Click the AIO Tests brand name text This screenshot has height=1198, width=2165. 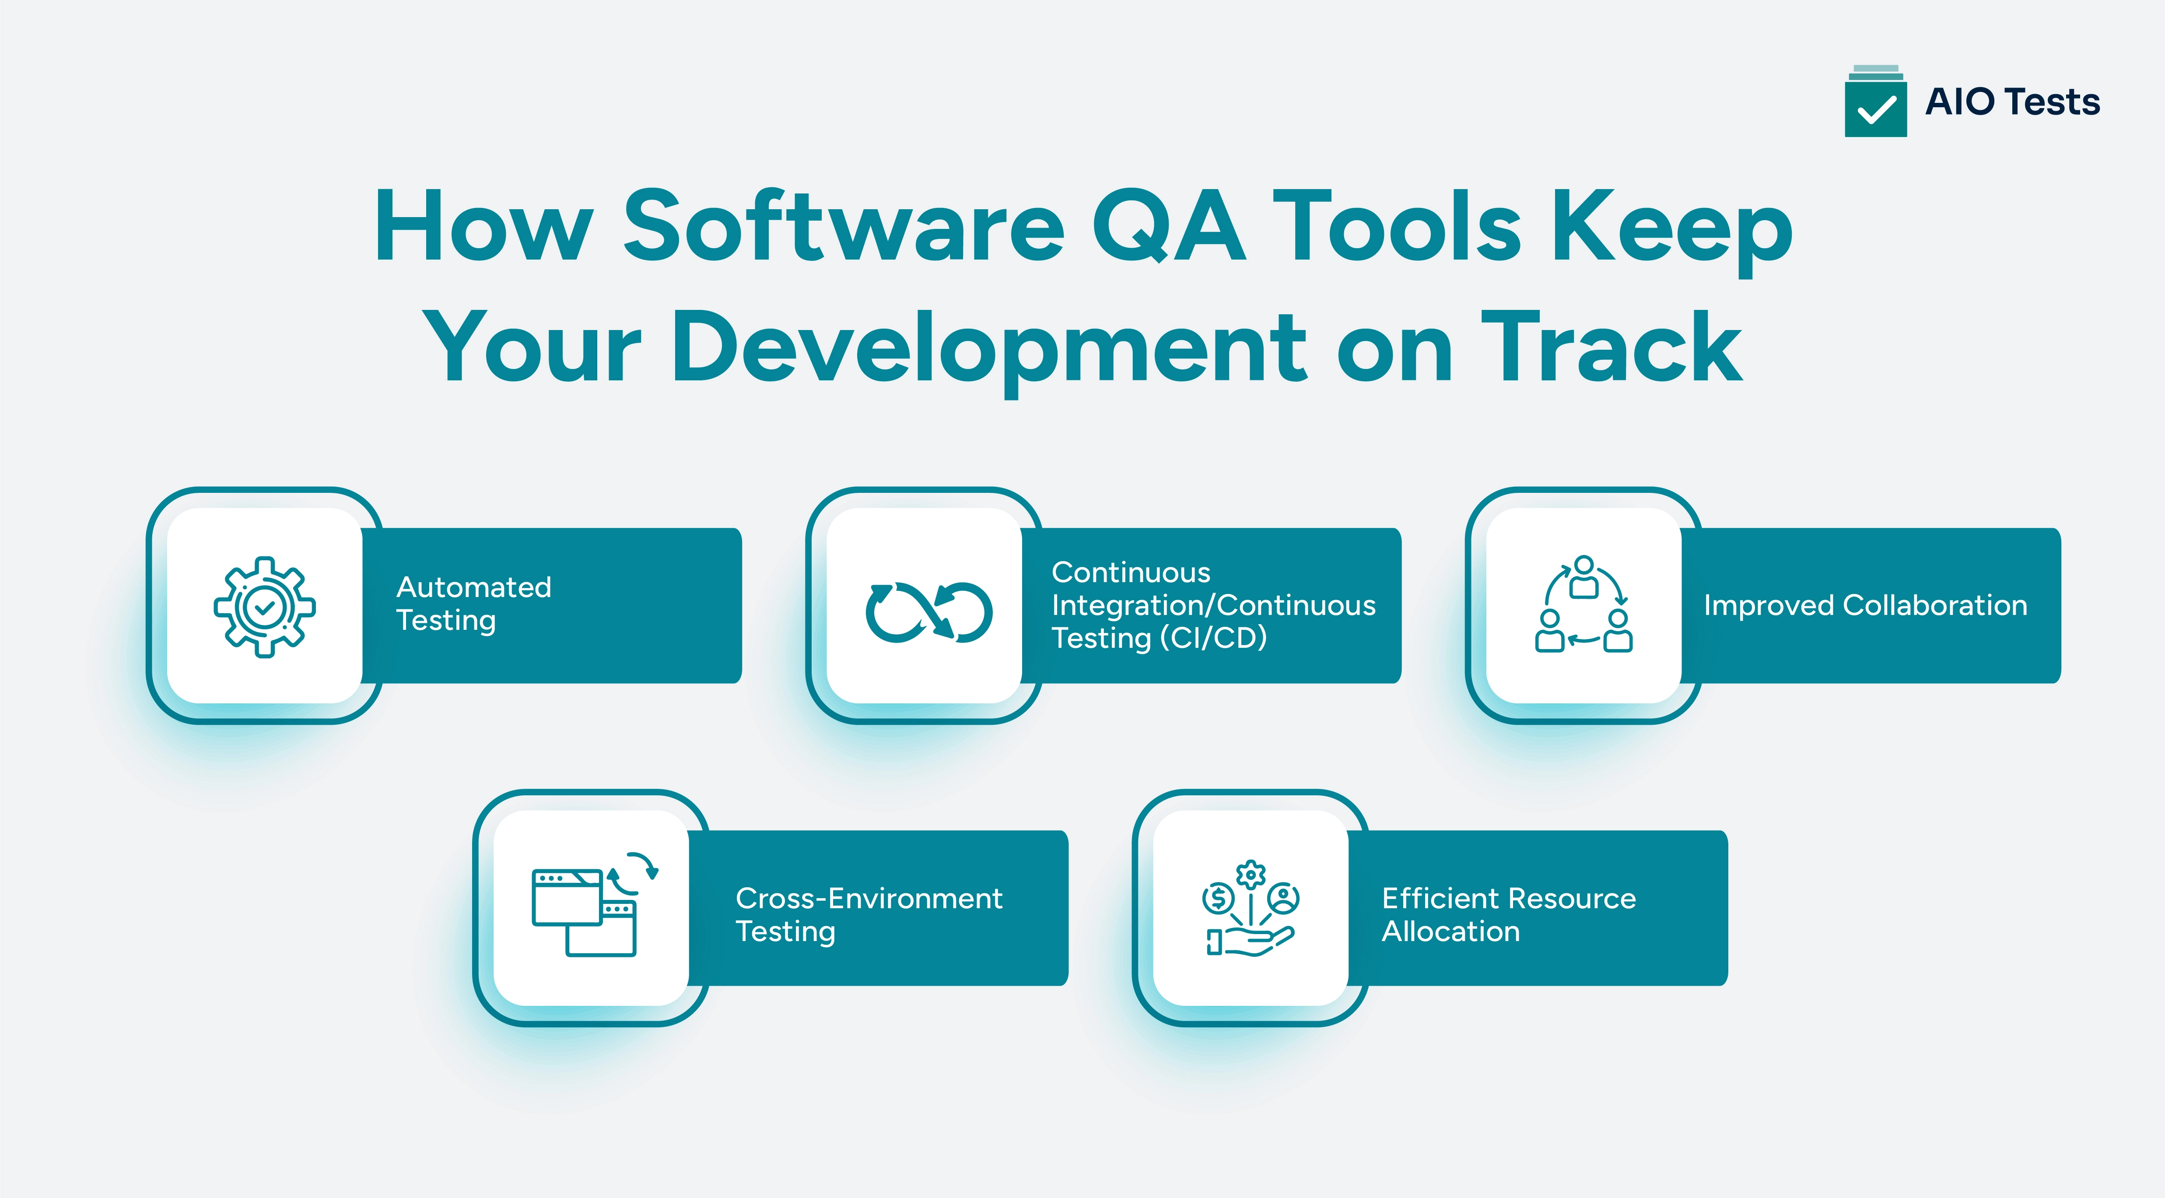pyautogui.click(x=2012, y=102)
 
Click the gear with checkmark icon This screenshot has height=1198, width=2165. pyautogui.click(x=265, y=606)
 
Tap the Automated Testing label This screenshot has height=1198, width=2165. pyautogui.click(x=473, y=604)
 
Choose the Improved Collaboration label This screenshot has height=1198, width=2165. pyautogui.click(x=1865, y=605)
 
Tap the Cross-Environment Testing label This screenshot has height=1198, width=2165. pyautogui.click(x=868, y=915)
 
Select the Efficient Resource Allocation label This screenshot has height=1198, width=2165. pyautogui.click(x=1509, y=915)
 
